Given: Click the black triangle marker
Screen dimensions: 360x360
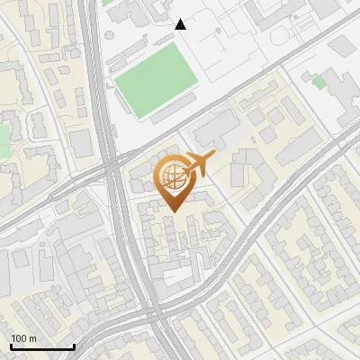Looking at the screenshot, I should [181, 24].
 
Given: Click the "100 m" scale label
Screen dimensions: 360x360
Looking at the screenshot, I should [24, 338].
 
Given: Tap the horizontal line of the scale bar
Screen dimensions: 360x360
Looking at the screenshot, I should [42, 346].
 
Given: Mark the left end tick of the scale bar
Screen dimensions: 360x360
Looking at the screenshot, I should [11, 346].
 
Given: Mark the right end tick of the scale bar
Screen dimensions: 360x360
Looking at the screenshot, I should [74, 346].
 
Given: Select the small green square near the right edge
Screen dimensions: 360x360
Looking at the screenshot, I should [319, 82].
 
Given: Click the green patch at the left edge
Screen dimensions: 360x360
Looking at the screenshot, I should [3, 135].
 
